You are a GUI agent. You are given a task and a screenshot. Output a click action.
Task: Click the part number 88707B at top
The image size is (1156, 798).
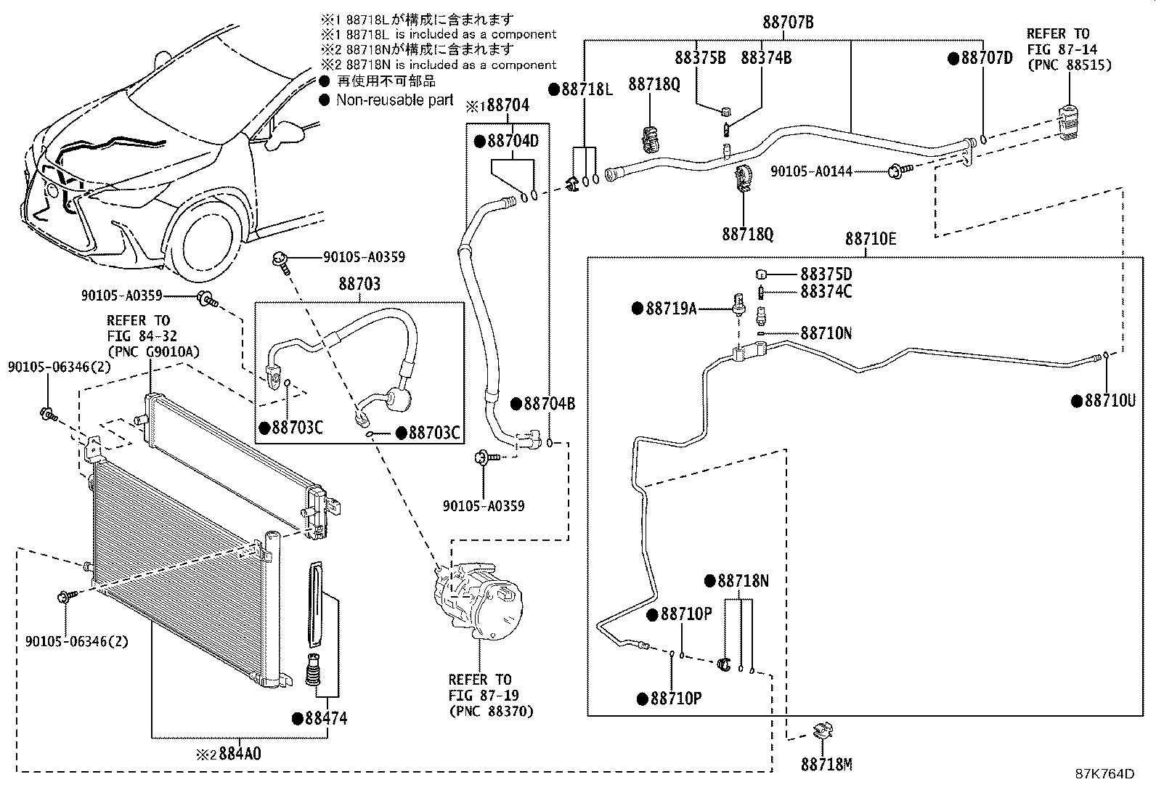point(788,23)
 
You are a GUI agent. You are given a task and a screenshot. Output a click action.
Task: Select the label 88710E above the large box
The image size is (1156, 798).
point(871,238)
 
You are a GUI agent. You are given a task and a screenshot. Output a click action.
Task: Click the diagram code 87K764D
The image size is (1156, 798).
point(1104,774)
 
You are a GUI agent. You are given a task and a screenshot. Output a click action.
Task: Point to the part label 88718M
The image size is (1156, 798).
point(826,764)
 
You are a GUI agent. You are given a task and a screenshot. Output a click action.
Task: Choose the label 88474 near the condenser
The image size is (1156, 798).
point(326,719)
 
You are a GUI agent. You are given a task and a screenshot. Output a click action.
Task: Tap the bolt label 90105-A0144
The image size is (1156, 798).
point(811,172)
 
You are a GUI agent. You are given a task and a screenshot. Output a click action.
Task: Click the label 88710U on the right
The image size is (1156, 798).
point(1110,401)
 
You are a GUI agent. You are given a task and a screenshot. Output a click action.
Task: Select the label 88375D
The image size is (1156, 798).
point(826,274)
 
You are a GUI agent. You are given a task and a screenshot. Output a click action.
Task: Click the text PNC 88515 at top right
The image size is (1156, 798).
point(1069,65)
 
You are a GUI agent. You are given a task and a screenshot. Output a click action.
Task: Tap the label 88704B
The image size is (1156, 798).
point(550,404)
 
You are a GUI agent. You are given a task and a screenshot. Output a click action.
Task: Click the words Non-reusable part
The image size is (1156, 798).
point(394,100)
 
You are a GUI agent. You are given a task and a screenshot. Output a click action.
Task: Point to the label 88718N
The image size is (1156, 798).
point(743,581)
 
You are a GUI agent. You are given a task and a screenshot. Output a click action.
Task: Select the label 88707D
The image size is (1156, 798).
point(987,58)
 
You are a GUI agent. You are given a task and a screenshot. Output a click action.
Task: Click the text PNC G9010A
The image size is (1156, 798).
point(153,352)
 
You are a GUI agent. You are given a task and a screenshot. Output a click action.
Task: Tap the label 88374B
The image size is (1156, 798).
point(766,58)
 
